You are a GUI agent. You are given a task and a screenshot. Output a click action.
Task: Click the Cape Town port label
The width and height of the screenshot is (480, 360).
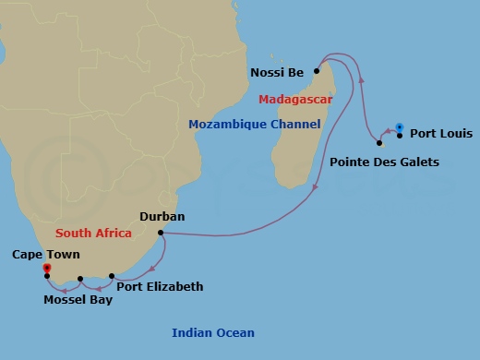click(46, 254)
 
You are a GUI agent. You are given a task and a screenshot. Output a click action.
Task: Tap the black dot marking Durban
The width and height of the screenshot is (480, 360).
click(161, 232)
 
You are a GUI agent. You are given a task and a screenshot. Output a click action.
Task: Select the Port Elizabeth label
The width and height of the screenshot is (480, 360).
click(160, 287)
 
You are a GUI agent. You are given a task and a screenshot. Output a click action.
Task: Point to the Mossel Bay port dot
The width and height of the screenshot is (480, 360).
click(80, 278)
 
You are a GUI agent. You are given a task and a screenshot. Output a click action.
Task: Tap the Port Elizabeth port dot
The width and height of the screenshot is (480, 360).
click(112, 276)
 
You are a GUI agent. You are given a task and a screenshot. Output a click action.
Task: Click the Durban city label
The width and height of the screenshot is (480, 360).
click(162, 217)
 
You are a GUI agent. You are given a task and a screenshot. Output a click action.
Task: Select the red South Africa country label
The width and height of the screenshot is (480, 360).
click(92, 234)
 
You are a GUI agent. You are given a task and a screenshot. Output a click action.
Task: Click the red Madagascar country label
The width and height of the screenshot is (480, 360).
click(295, 99)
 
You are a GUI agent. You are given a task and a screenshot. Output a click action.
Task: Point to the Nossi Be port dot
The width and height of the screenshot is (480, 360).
click(316, 70)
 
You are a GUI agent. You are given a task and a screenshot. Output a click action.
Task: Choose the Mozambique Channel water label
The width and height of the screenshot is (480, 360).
click(254, 124)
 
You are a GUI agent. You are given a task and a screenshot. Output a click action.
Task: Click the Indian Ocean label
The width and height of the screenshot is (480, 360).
click(213, 333)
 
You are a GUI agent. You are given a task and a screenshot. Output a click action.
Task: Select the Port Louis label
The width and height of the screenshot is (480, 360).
click(440, 134)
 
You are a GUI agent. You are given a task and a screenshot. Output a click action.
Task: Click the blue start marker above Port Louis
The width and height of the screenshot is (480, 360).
click(399, 126)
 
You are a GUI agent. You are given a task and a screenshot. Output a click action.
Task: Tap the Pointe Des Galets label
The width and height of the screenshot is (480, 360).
click(384, 162)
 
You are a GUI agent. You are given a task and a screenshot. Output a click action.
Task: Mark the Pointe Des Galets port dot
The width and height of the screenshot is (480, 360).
click(379, 143)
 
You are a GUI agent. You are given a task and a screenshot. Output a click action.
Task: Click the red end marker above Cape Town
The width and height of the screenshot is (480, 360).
click(47, 268)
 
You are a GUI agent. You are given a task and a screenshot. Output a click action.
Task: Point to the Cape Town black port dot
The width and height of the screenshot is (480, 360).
click(47, 275)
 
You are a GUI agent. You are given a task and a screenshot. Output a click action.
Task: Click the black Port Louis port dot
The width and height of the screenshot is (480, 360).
click(400, 135)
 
